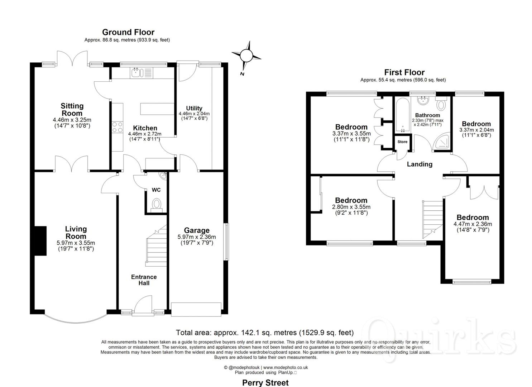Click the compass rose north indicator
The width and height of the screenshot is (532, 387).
click(x=246, y=56)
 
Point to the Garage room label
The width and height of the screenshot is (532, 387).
click(x=197, y=230)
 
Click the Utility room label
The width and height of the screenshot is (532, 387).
click(x=194, y=108)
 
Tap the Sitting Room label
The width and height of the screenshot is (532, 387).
click(x=72, y=109)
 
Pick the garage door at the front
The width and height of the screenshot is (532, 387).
click(x=196, y=309)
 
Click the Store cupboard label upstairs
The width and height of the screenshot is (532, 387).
click(x=402, y=142)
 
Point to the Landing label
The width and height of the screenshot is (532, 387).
click(x=420, y=164)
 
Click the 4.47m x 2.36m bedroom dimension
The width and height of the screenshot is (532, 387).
click(x=473, y=224)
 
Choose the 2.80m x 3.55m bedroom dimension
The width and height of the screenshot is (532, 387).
click(x=351, y=207)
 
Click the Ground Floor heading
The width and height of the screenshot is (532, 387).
click(x=128, y=32)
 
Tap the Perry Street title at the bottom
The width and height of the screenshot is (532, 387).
click(x=265, y=382)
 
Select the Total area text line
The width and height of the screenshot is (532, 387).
click(x=264, y=333)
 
